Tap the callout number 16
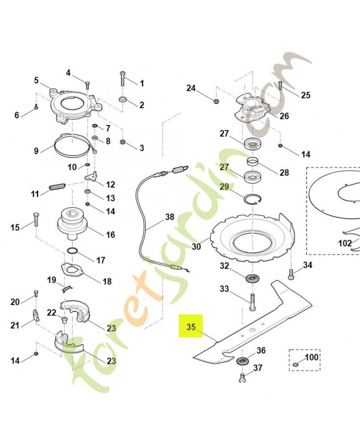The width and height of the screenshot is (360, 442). click(110, 235)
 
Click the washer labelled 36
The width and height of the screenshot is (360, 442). click(241, 361)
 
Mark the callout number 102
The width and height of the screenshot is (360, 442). click(345, 243)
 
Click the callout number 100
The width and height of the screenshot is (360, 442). click(312, 357)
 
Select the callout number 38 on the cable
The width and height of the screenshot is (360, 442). click(169, 217)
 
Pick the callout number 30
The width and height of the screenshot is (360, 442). click(197, 247)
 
